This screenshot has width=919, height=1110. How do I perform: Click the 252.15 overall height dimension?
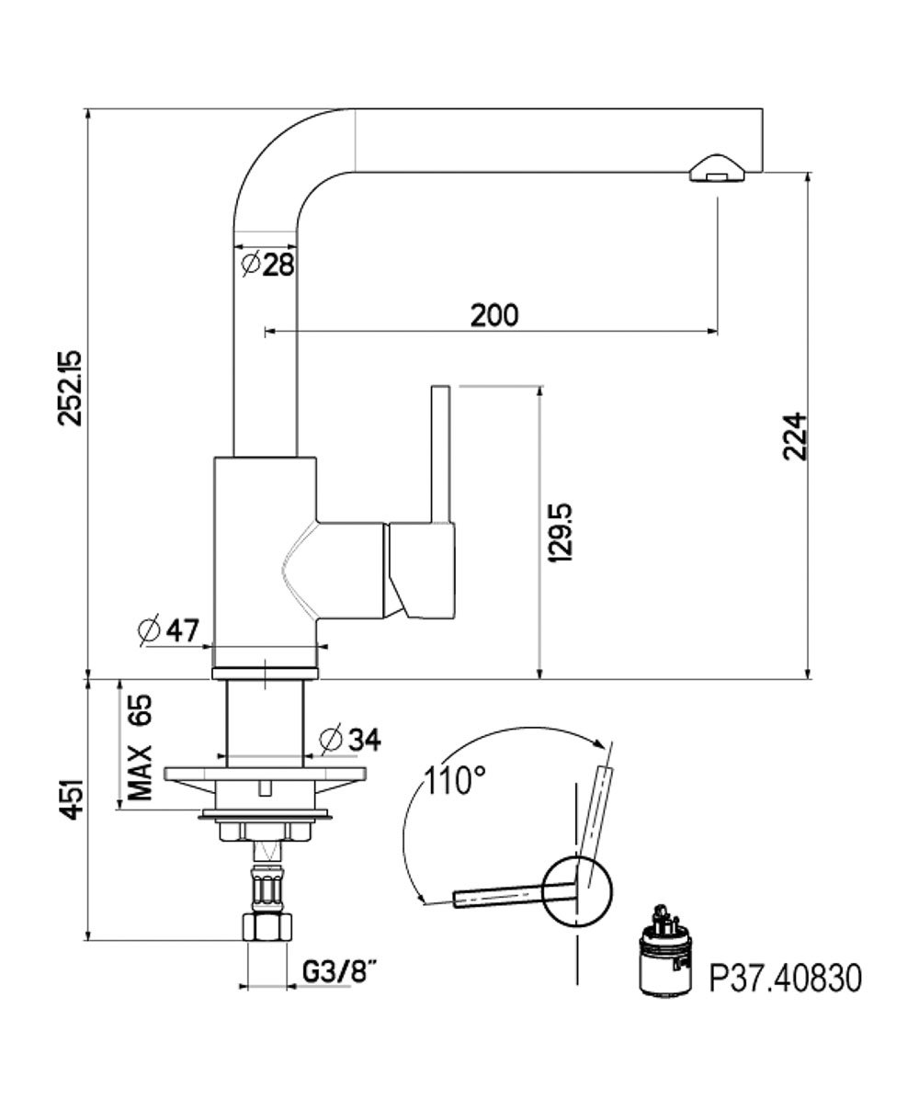[x=70, y=387]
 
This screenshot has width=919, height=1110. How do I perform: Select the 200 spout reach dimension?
[x=494, y=315]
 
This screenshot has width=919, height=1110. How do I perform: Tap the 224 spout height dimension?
[x=795, y=436]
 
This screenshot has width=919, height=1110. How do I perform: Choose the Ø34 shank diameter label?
[x=350, y=738]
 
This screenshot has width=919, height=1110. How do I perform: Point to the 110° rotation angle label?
[x=455, y=781]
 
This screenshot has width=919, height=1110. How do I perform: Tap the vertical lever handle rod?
[x=440, y=450]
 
